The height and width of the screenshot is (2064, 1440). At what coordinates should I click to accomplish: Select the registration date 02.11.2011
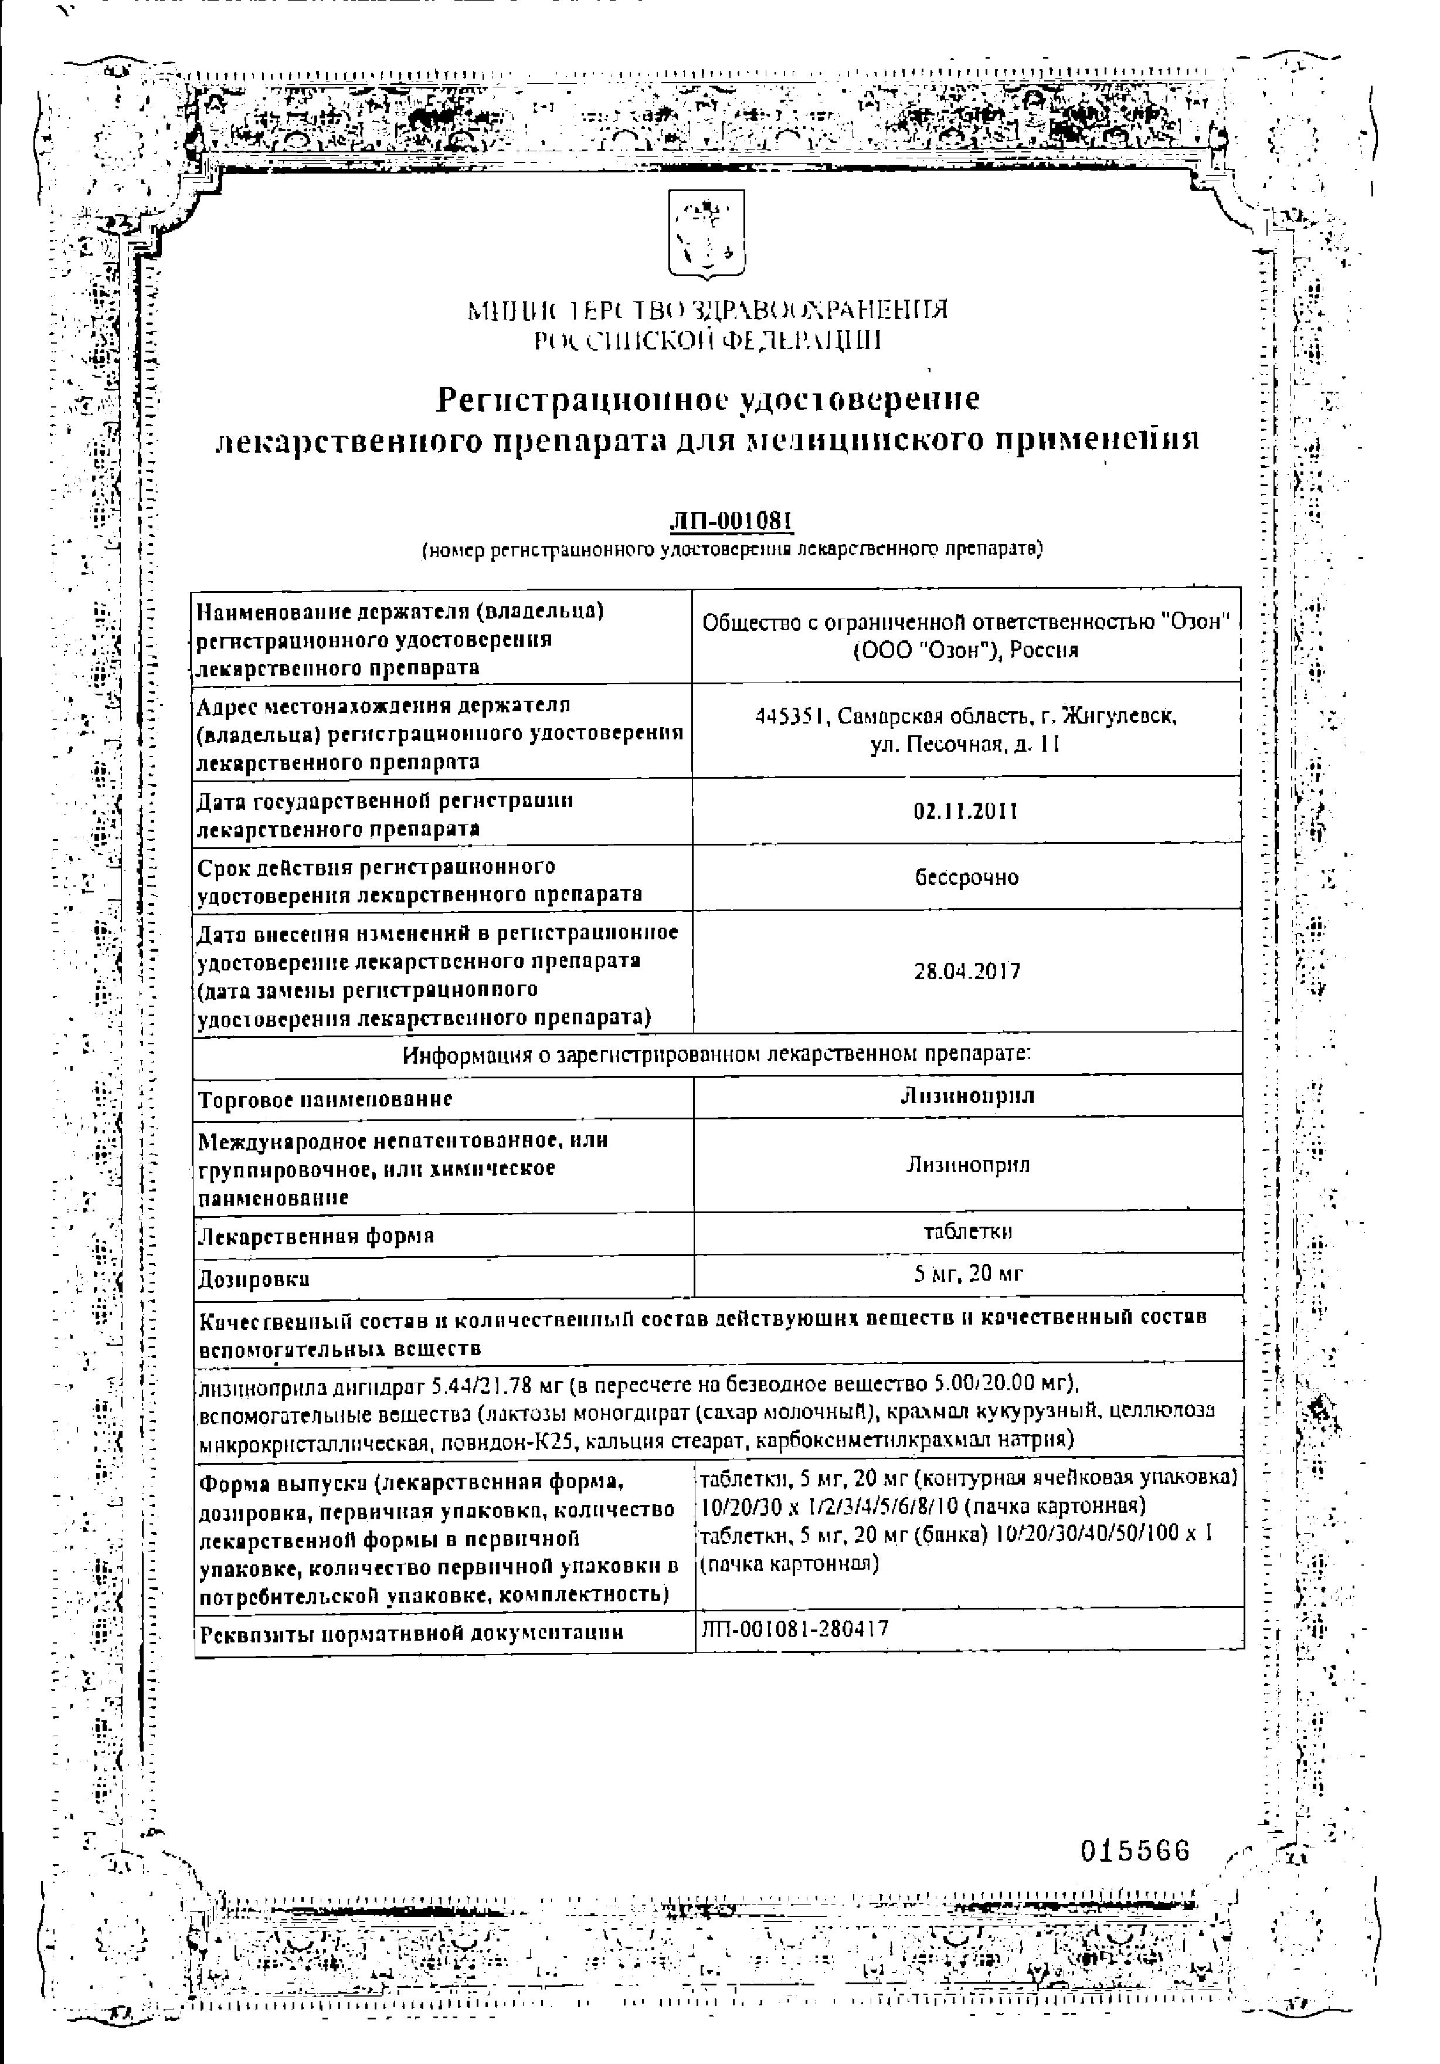coord(966,811)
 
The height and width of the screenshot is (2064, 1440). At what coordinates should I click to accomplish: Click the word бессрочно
coord(966,877)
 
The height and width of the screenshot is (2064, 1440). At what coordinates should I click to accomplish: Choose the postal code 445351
coord(789,717)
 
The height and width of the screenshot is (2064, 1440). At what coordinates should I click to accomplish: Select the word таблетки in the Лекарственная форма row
coord(968,1231)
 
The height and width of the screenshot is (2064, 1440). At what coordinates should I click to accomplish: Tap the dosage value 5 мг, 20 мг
coord(968,1273)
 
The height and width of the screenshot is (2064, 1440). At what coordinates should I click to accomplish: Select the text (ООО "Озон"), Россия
coord(966,651)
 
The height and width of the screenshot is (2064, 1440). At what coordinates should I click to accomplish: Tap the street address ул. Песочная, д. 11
coord(966,745)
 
